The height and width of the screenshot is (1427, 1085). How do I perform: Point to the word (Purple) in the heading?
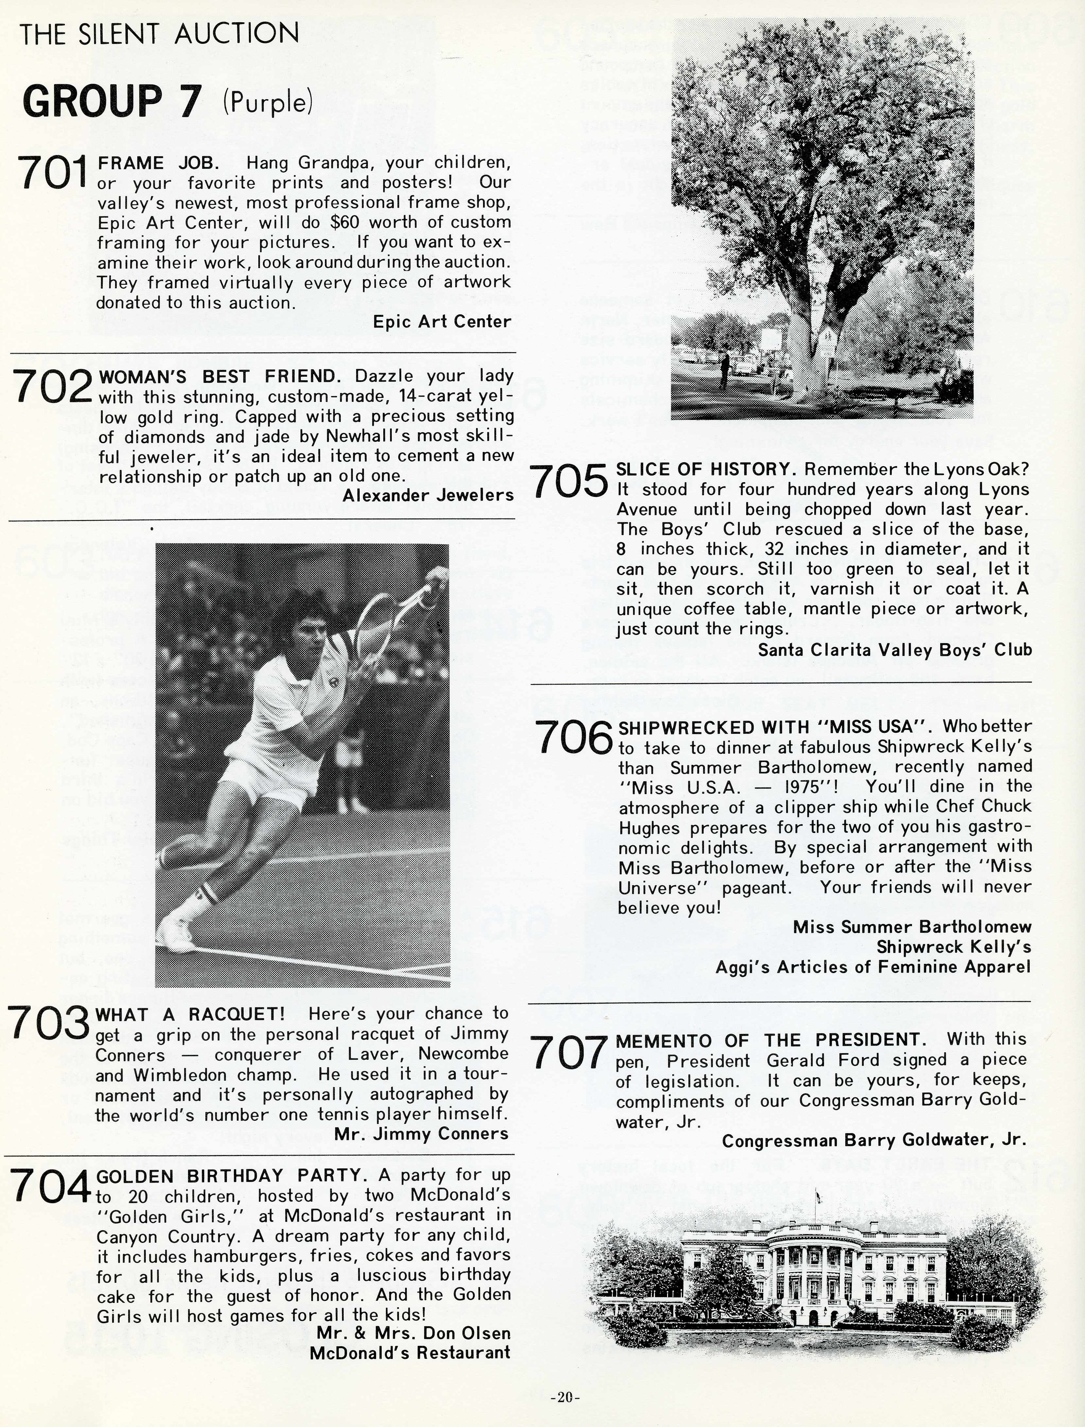point(267,101)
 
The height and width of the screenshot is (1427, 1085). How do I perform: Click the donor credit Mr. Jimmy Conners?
point(421,1134)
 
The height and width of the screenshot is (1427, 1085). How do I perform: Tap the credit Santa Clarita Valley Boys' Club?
point(894,650)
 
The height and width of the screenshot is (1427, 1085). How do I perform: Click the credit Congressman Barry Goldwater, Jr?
point(874,1141)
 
